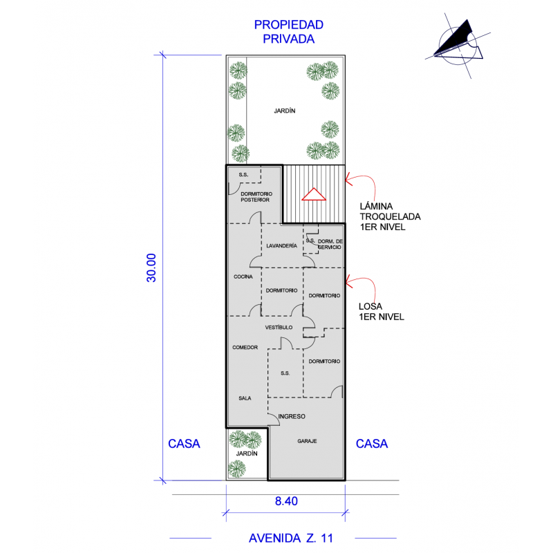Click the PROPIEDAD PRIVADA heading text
[289, 32]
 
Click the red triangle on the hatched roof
[313, 194]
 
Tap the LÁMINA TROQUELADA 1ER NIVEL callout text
[390, 216]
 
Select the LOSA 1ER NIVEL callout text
[381, 311]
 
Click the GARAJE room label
[308, 441]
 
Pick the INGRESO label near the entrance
[291, 417]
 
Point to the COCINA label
[243, 276]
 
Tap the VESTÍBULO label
[279, 327]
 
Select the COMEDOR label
[245, 347]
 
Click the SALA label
[245, 398]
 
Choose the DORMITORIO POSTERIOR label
[255, 196]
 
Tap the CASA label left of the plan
[184, 444]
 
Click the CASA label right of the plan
[372, 444]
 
